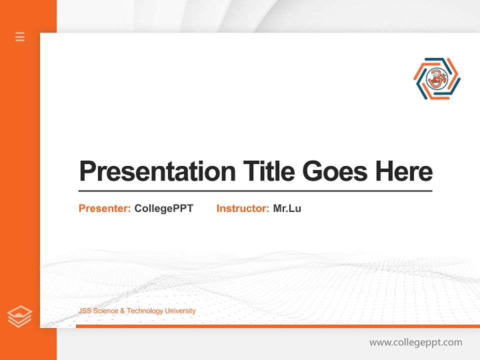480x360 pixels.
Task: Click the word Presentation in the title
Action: point(157,171)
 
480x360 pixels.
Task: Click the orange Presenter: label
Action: point(104,208)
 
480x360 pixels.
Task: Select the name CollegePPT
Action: point(163,208)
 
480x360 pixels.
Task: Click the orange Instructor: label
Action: point(242,208)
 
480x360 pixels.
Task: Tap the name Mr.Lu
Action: point(287,208)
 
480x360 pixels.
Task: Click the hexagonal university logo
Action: point(436,78)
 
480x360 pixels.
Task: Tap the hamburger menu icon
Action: point(20,36)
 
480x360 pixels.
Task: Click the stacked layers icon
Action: point(19,316)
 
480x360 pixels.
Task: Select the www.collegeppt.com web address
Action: point(415,342)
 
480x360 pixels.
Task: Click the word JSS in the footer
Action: point(84,311)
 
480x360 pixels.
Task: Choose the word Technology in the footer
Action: point(144,311)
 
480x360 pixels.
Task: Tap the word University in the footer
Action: point(180,311)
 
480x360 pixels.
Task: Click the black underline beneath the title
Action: point(255,191)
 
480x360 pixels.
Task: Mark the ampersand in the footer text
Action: point(122,311)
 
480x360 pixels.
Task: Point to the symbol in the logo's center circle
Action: point(436,78)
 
